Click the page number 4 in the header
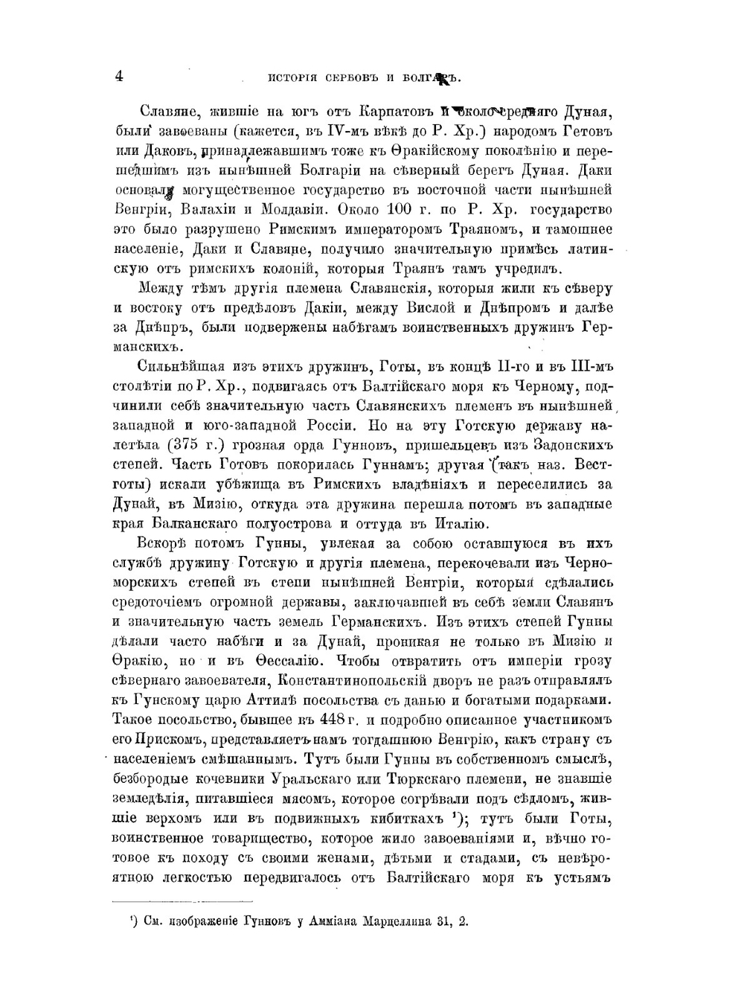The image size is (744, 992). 119,75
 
